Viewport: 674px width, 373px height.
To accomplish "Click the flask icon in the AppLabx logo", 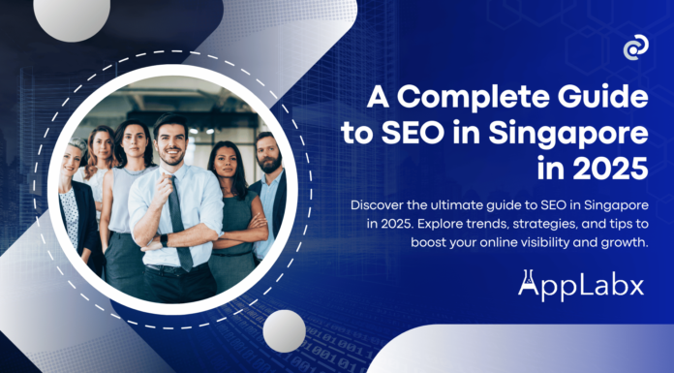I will [529, 285].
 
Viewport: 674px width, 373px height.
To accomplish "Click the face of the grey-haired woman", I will [75, 157].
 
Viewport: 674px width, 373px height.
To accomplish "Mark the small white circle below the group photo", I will [284, 330].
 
